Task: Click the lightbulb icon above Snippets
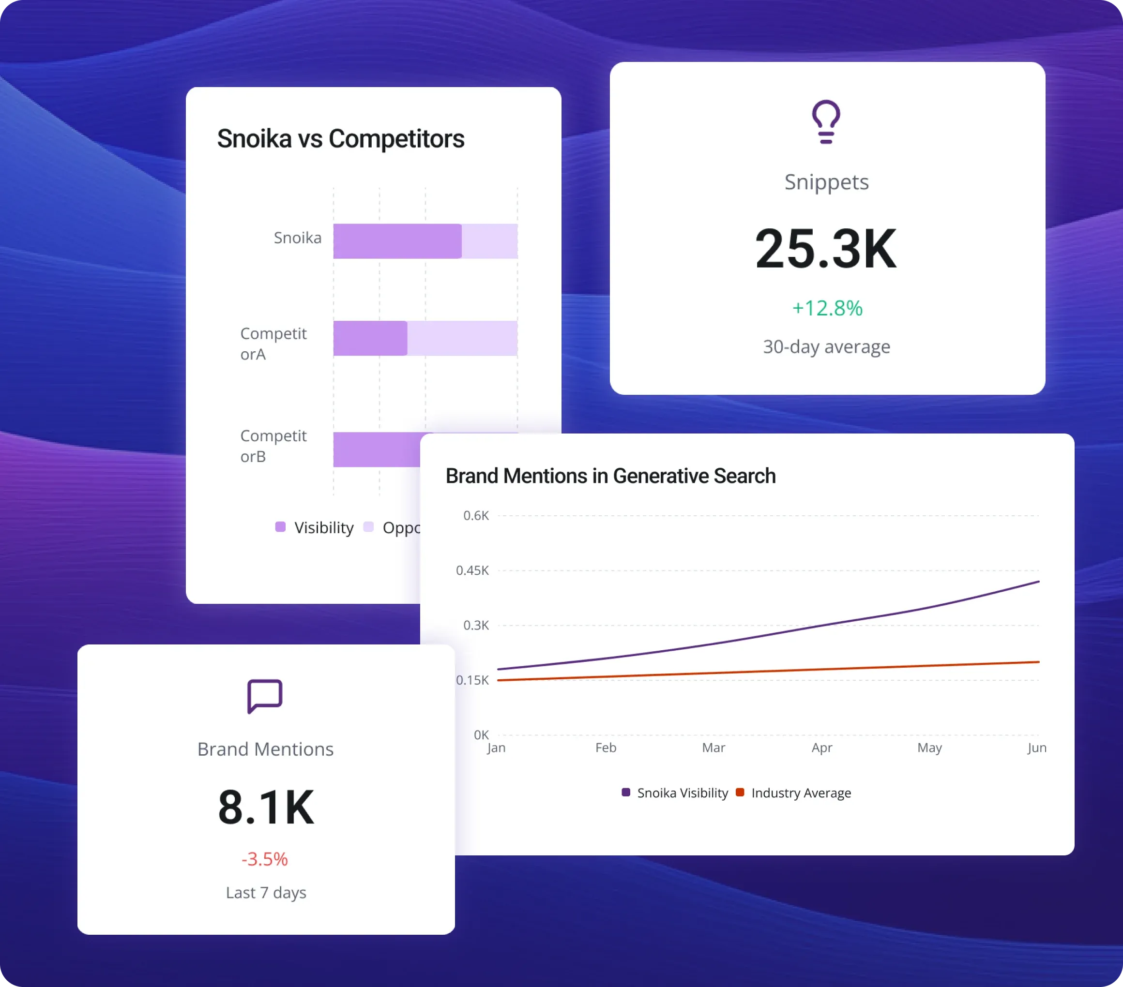coord(826,122)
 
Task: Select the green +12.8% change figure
coord(827,308)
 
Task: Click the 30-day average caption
coord(826,346)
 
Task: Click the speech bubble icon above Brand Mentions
coord(265,696)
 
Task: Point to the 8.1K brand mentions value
coord(266,808)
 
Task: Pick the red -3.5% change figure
coord(265,859)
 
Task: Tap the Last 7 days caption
coord(266,893)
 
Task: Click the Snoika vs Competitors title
coord(341,138)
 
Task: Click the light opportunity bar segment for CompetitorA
coord(461,338)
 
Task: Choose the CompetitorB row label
coord(273,446)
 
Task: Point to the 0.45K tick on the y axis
coord(472,570)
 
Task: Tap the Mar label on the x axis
coord(713,748)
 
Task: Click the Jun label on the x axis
coord(1037,748)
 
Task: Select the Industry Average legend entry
coord(794,793)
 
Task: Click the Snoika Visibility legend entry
coord(675,793)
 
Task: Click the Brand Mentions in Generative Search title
coord(610,476)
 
